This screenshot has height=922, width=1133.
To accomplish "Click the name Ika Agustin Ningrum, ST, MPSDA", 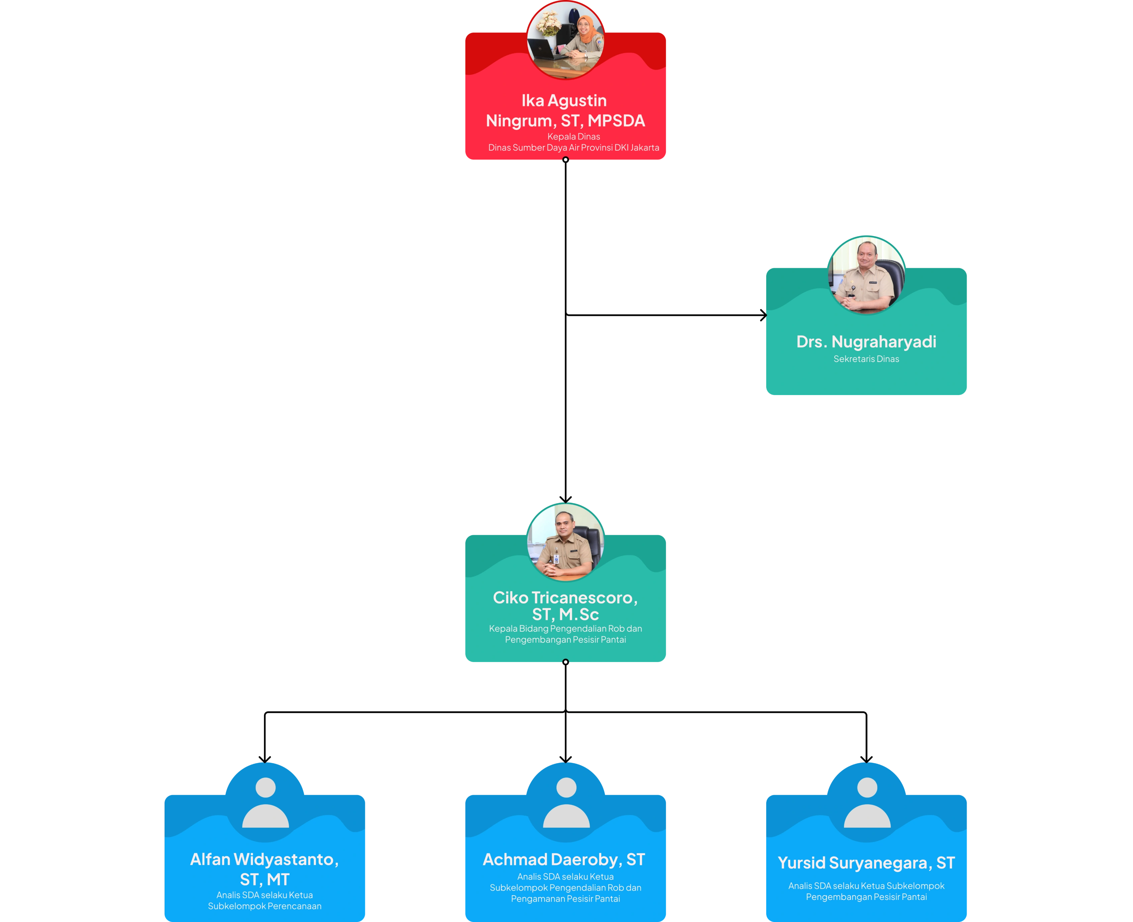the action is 565,110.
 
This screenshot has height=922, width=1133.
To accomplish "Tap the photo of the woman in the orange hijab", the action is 565,40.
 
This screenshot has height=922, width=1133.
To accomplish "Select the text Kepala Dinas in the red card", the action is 574,136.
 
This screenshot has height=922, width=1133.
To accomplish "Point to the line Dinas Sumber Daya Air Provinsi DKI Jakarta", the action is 574,148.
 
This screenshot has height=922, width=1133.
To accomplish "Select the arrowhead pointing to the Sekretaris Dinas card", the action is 763,315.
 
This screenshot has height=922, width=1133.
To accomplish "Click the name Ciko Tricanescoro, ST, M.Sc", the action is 565,606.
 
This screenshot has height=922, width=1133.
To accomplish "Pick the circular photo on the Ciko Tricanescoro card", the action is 565,542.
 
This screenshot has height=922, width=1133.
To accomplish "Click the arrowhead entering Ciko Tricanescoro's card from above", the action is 565,499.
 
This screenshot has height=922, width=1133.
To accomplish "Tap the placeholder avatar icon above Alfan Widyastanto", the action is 266,803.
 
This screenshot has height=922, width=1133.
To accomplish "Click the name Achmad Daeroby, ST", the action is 564,859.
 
